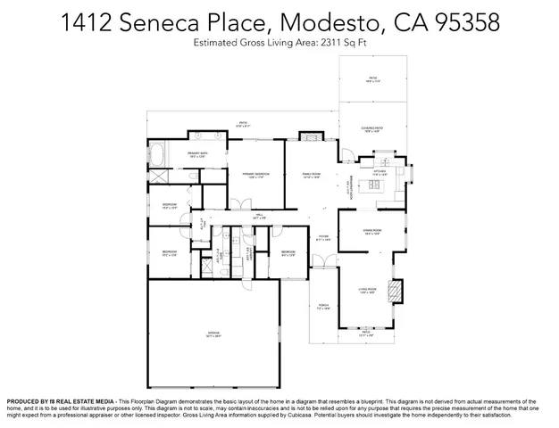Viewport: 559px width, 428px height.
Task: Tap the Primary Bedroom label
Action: coord(256,175)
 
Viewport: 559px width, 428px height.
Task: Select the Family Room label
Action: coord(311,175)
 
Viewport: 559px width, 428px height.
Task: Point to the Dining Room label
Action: coord(372,233)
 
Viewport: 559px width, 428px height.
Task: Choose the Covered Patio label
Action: coord(373,130)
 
